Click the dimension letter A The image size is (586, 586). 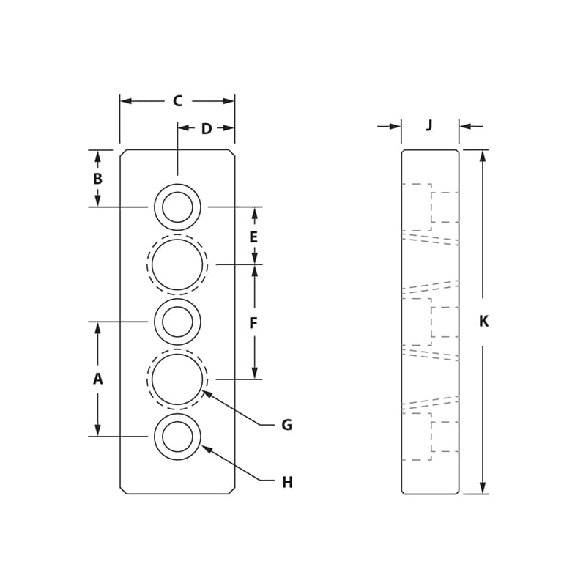pyautogui.click(x=97, y=379)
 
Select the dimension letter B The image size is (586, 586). pyautogui.click(x=97, y=179)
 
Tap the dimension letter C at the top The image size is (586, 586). pyautogui.click(x=177, y=101)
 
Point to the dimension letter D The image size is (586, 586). pyautogui.click(x=207, y=129)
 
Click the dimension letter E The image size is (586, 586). pyautogui.click(x=253, y=237)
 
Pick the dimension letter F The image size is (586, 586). pyautogui.click(x=253, y=323)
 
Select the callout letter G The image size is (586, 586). pyautogui.click(x=286, y=425)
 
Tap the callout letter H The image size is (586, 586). pyautogui.click(x=287, y=483)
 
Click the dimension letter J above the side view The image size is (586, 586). pyautogui.click(x=429, y=125)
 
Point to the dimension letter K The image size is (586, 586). pyautogui.click(x=483, y=322)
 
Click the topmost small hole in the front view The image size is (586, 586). pyautogui.click(x=177, y=207)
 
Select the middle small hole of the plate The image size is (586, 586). pyautogui.click(x=177, y=322)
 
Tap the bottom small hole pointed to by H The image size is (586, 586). pyautogui.click(x=177, y=437)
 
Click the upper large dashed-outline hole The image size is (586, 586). pyautogui.click(x=177, y=264)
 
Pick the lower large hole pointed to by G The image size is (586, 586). pyautogui.click(x=177, y=379)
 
